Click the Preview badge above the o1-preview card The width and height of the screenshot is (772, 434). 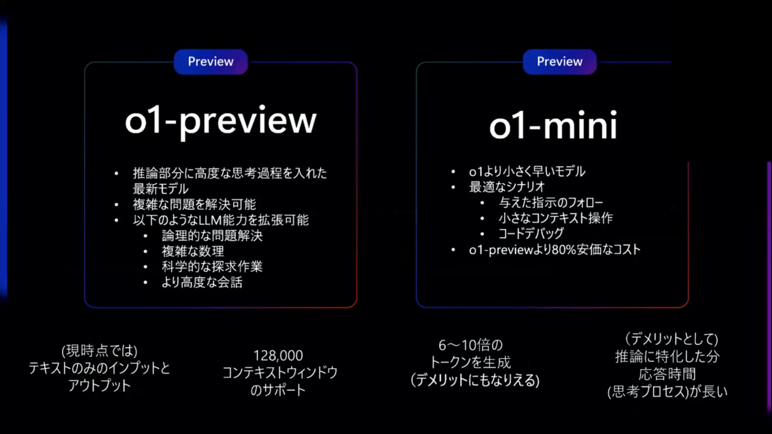coord(210,62)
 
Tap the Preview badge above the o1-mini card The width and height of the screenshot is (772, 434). coord(560,62)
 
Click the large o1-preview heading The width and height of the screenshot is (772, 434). coord(221,122)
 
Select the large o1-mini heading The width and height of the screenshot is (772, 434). coord(553,125)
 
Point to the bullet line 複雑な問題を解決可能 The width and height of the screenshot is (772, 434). coord(194,204)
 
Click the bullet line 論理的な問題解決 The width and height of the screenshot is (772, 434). coord(212,235)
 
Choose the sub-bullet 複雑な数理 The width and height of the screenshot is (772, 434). coord(193,251)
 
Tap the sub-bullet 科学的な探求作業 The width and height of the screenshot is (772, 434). coord(212,267)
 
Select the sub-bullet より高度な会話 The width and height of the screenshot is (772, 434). coord(202,282)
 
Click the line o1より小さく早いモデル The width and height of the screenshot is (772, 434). coord(527,172)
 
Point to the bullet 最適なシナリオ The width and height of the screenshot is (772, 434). coord(507,187)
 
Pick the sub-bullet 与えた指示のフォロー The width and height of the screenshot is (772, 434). coord(551,203)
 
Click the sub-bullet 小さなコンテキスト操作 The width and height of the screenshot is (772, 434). coord(556,218)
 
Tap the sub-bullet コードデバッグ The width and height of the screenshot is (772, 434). coord(531,233)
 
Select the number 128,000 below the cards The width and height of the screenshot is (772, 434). coord(278,356)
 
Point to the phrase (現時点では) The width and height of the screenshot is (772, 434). coord(99,351)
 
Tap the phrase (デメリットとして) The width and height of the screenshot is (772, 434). coord(672,339)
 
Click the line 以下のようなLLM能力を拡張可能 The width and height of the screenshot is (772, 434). coord(221,220)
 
